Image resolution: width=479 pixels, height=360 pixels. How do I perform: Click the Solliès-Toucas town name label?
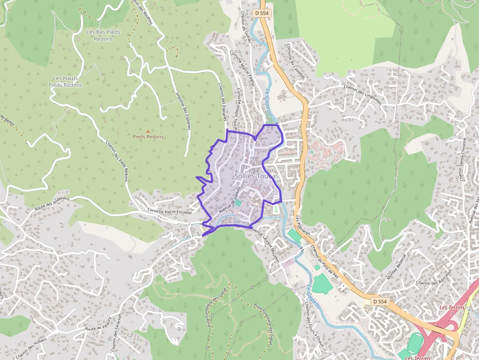256,176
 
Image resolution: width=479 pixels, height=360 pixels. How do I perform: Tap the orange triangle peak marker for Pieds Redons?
148,131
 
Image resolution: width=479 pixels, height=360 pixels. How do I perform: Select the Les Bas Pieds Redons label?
103,35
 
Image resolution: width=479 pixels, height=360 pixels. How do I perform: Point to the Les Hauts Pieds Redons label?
65,82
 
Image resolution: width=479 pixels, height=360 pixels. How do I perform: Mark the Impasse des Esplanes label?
183,111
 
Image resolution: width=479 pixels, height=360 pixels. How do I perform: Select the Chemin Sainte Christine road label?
462,159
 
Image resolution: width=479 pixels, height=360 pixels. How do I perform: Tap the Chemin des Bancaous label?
433,283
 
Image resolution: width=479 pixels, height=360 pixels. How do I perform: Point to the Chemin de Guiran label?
245,27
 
